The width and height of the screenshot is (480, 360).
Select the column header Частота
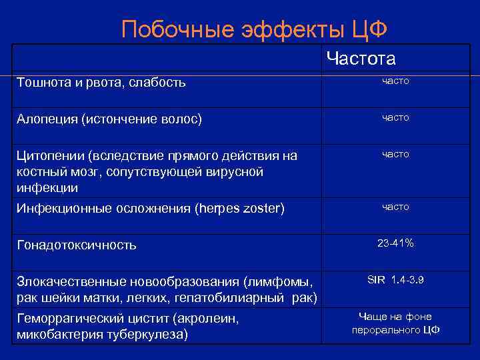pyautogui.click(x=361, y=59)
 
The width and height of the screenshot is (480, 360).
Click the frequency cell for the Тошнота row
pyautogui.click(x=395, y=81)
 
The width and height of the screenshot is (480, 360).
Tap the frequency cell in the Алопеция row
pyautogui.click(x=395, y=117)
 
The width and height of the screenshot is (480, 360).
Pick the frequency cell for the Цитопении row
pyautogui.click(x=395, y=154)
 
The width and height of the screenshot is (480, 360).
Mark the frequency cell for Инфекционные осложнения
pyautogui.click(x=395, y=207)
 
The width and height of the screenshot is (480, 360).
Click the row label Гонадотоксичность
pyautogui.click(x=77, y=245)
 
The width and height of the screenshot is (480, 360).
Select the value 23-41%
pyautogui.click(x=395, y=243)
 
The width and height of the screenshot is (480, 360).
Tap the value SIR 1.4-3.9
pyautogui.click(x=395, y=280)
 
